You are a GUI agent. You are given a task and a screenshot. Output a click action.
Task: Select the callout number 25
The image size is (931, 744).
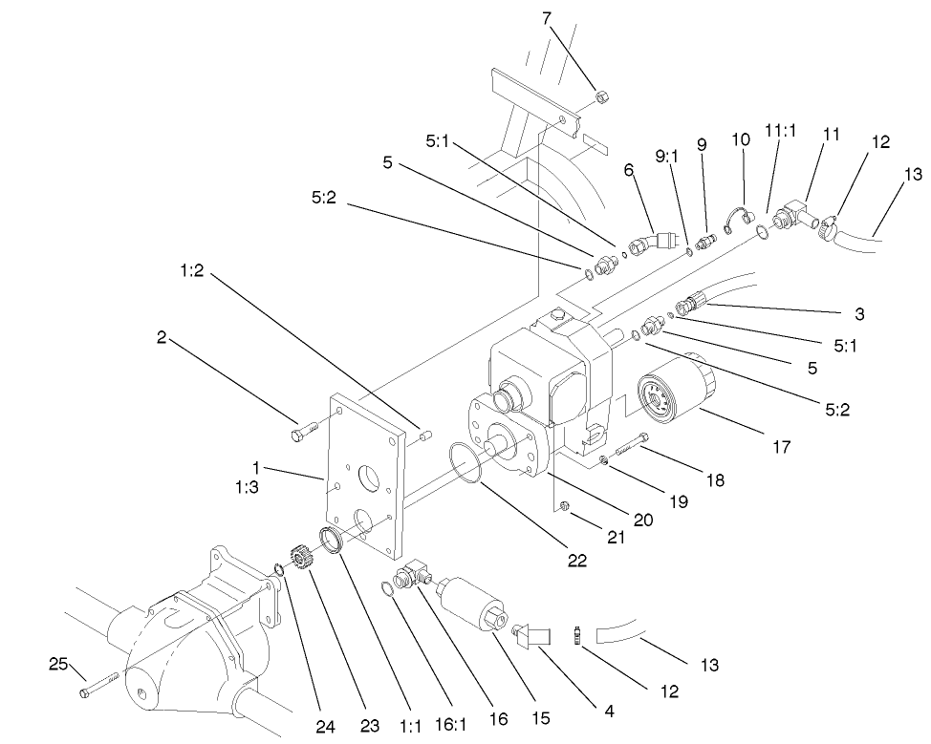(x=59, y=662)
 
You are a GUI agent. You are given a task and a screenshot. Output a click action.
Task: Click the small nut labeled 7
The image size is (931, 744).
(x=602, y=96)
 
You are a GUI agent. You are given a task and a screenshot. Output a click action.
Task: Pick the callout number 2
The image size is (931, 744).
(x=162, y=336)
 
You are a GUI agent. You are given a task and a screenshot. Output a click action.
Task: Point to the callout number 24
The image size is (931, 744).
(x=326, y=726)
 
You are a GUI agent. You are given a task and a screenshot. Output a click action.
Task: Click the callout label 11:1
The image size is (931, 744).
(x=782, y=131)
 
